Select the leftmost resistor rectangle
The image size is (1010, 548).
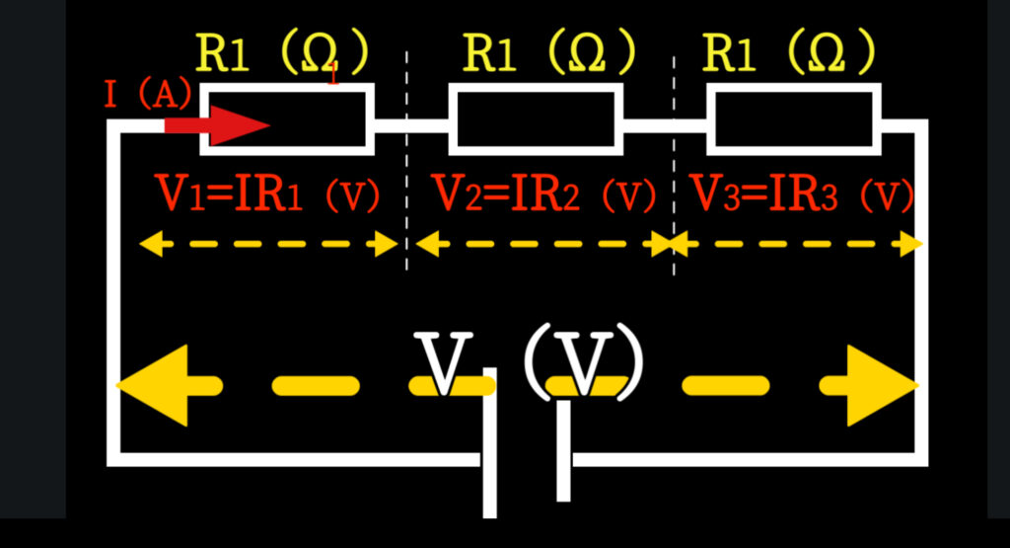tap(287, 119)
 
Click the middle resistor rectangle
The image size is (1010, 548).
tap(536, 119)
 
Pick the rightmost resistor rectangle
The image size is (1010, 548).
tap(793, 119)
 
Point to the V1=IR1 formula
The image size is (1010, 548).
tap(266, 196)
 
